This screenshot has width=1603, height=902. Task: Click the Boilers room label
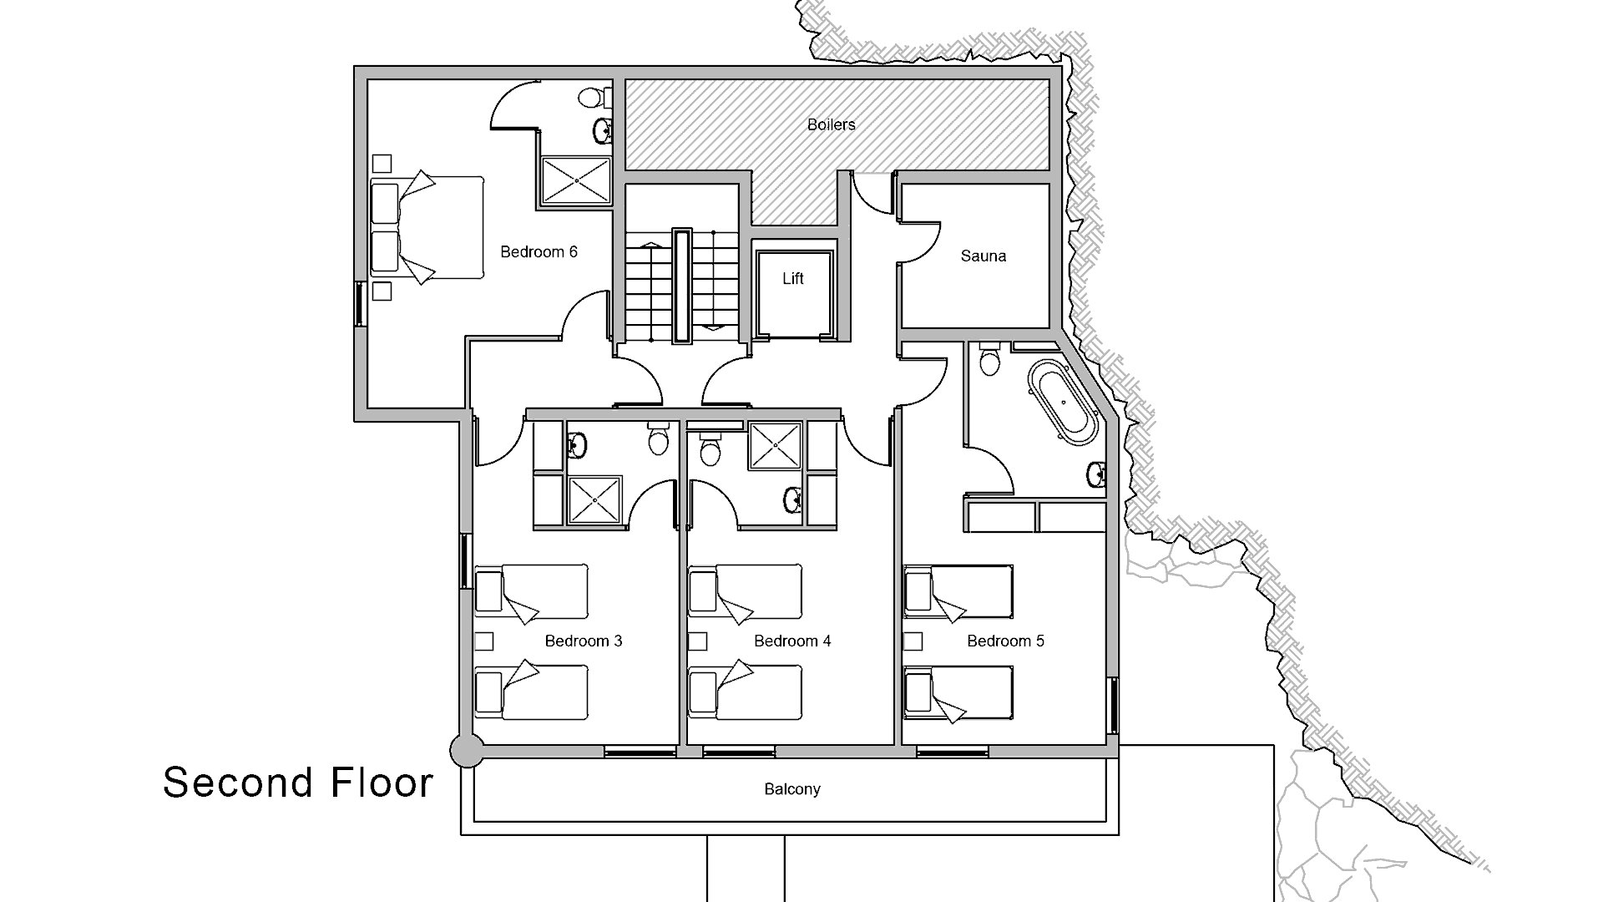point(831,124)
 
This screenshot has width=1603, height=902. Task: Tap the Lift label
point(792,278)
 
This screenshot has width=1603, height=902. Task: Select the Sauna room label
point(983,256)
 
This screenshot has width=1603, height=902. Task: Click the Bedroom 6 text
point(539,251)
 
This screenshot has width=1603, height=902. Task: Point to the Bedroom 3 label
point(583,641)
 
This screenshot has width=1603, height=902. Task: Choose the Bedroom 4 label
point(791,641)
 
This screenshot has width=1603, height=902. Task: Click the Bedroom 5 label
point(1005,641)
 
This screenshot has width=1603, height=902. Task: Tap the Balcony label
point(791,788)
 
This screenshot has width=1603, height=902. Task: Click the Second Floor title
point(298,783)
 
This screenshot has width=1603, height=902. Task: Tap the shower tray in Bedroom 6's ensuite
point(576,180)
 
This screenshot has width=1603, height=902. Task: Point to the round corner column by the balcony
point(466,750)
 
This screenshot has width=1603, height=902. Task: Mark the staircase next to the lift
point(682,284)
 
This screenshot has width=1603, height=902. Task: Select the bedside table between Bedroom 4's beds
point(698,641)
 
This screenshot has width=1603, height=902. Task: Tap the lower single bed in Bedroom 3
point(531,692)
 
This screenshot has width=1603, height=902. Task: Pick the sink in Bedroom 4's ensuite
point(792,500)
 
